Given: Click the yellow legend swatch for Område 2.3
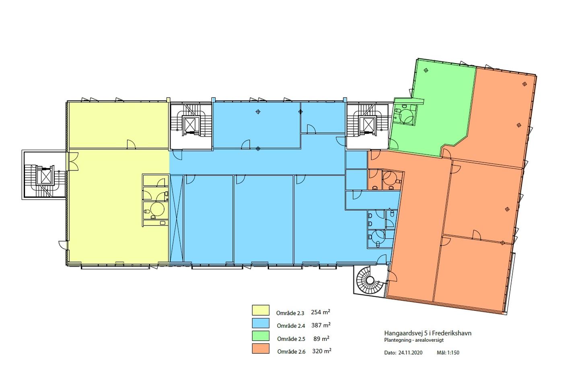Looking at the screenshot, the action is (261, 310).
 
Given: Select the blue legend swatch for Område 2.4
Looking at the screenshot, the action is (261, 323).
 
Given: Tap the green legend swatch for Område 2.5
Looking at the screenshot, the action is (261, 336).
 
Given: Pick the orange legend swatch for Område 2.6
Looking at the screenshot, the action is (261, 349).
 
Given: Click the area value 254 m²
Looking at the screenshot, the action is (321, 312).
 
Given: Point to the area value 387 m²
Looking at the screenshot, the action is (321, 325).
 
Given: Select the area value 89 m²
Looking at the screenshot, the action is (321, 339).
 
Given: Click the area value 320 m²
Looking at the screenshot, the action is (322, 351).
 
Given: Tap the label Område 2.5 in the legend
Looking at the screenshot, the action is (291, 339).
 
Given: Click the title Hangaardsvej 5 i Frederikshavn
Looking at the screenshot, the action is (428, 333).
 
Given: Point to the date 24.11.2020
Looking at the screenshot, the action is (411, 353).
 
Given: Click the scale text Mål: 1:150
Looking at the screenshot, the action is (448, 353).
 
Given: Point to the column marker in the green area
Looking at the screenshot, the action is (426, 70).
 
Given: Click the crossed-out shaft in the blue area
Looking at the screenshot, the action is (177, 218).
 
